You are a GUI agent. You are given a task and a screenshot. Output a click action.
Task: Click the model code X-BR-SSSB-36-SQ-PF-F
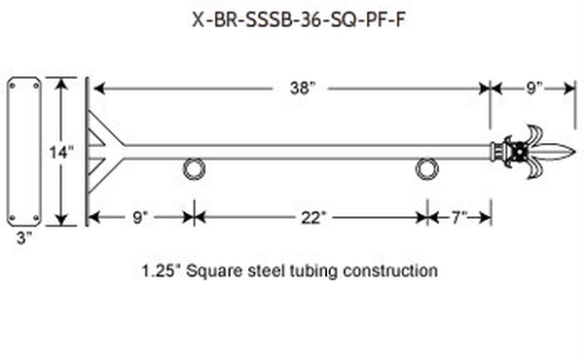299,19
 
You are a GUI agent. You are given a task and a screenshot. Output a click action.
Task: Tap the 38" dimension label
303,89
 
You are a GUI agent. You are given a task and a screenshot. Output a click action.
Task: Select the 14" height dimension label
61,152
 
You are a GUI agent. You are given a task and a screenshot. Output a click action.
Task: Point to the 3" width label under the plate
24,238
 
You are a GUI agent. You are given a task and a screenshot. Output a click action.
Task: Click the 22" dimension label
313,218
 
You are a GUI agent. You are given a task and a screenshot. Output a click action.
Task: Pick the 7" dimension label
459,217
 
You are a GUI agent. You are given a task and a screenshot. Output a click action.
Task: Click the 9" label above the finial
534,89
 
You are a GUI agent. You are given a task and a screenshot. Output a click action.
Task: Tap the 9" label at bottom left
140,218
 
